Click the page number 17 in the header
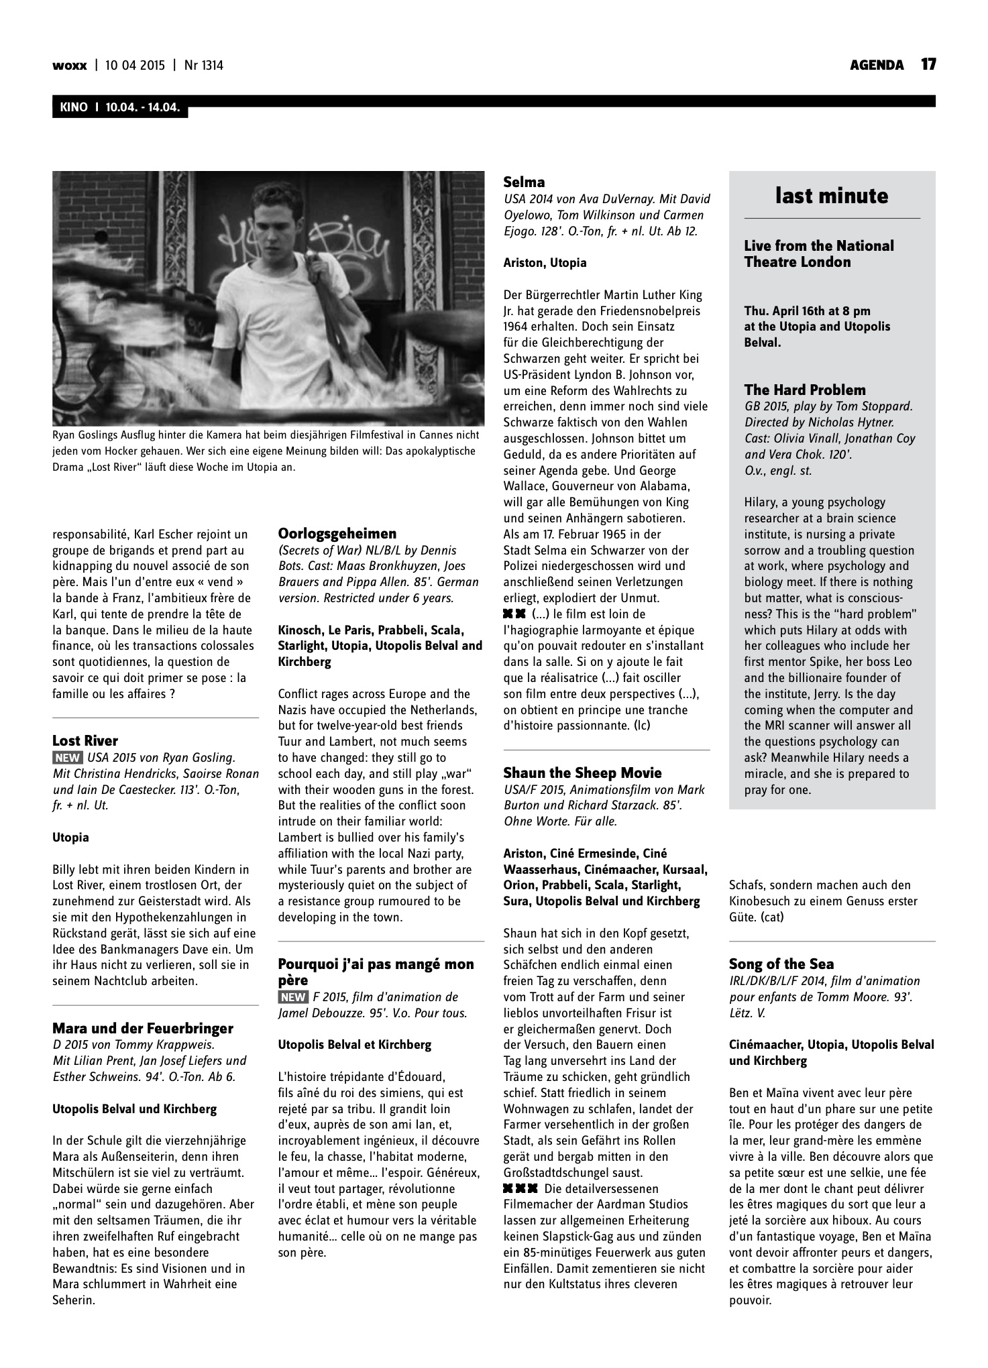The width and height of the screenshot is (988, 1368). point(928,64)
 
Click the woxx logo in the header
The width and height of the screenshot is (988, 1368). point(69,65)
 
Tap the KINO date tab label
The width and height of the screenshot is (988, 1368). point(119,107)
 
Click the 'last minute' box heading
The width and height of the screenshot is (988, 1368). point(832,196)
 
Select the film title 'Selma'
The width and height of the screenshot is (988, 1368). point(524,182)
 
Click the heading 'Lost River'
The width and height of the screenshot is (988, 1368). point(85,740)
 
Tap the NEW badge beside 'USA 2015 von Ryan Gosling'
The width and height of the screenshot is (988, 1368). point(67,758)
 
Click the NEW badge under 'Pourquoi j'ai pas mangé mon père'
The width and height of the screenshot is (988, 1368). point(293,996)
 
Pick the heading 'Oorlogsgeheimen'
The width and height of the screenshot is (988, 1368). point(337,533)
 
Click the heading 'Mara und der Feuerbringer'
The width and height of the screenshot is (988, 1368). point(143,1028)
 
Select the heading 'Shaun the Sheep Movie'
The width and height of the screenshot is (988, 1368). point(582,773)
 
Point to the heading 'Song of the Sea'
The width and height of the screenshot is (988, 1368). point(781,964)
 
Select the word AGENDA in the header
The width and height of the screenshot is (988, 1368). point(877,65)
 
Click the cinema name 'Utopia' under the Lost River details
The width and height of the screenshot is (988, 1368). point(70,837)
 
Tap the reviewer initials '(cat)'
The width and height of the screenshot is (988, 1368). point(771,917)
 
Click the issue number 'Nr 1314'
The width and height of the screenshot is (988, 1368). point(203,65)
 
